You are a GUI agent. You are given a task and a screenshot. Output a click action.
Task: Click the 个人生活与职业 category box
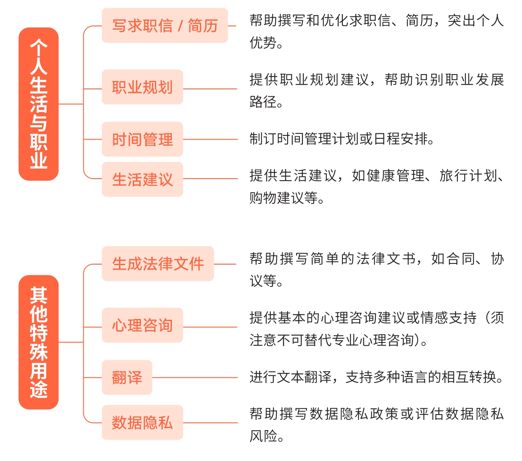(x=38, y=104)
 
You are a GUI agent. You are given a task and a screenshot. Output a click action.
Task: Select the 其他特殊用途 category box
(x=38, y=342)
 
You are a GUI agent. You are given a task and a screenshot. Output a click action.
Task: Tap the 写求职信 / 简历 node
(x=165, y=26)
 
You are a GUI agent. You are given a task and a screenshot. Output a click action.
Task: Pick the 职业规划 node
(x=143, y=87)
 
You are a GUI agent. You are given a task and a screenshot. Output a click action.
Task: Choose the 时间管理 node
(x=143, y=139)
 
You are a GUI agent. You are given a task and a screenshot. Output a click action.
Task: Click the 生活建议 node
(x=143, y=179)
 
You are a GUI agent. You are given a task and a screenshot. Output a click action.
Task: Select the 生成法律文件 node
(x=158, y=263)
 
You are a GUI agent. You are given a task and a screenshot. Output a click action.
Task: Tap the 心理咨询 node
(x=143, y=325)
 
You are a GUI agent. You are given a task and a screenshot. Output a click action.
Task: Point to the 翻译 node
(x=127, y=377)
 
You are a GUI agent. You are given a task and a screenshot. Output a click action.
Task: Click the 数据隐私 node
(x=143, y=422)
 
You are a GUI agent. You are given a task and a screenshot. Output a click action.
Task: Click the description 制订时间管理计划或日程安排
(x=342, y=139)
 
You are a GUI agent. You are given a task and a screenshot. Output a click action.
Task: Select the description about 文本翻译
(x=377, y=377)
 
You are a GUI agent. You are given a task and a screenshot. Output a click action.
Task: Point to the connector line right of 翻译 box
(x=195, y=377)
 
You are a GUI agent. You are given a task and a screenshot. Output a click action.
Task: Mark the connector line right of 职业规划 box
(x=210, y=89)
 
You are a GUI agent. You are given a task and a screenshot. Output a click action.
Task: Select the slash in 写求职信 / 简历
(x=180, y=26)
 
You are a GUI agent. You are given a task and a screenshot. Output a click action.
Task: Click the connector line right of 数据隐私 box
(x=210, y=423)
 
